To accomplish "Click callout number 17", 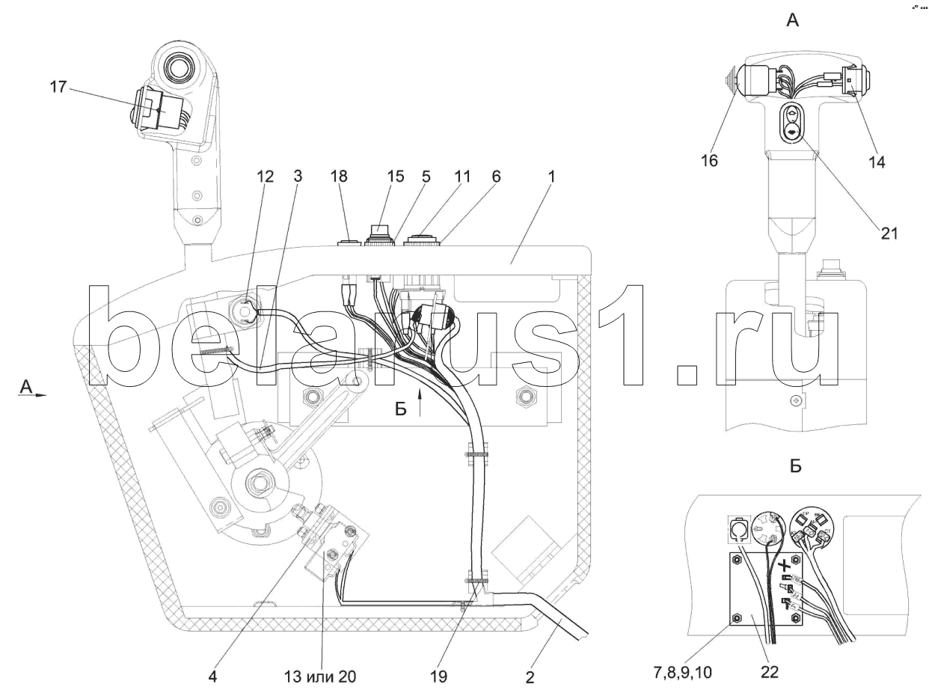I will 58,88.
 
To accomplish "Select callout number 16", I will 709,160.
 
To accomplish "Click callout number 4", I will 213,677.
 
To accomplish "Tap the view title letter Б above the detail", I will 795,466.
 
